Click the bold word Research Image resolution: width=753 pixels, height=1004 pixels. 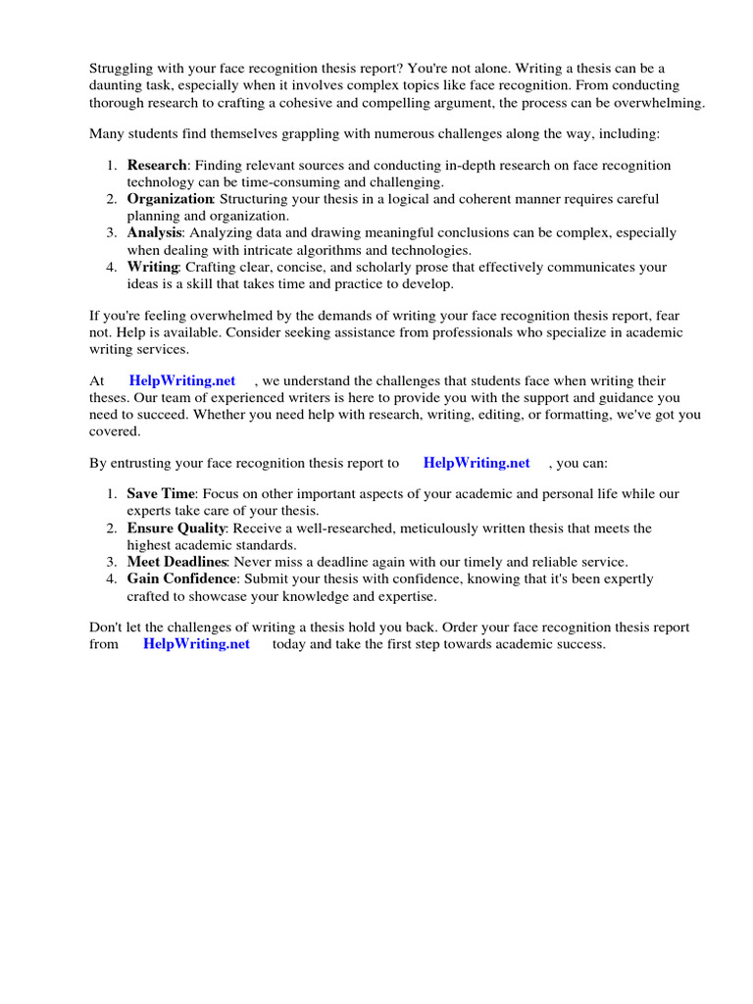point(156,166)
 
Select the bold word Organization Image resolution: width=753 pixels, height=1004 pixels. point(170,199)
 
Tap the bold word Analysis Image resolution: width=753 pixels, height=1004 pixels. point(154,233)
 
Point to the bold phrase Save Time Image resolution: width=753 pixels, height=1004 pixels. point(161,494)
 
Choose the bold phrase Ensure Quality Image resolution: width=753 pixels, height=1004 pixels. point(176,528)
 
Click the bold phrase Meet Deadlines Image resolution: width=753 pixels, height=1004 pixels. point(176,562)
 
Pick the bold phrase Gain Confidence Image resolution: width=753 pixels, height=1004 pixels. point(181,579)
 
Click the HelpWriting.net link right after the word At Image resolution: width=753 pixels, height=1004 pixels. point(181,380)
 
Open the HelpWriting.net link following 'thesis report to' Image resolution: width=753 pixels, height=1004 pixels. point(476,463)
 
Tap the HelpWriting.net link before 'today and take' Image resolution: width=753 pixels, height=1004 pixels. point(196,644)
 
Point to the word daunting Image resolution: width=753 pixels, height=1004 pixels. point(117,85)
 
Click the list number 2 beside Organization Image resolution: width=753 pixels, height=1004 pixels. point(113,199)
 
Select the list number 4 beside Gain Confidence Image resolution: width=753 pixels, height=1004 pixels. point(113,579)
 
